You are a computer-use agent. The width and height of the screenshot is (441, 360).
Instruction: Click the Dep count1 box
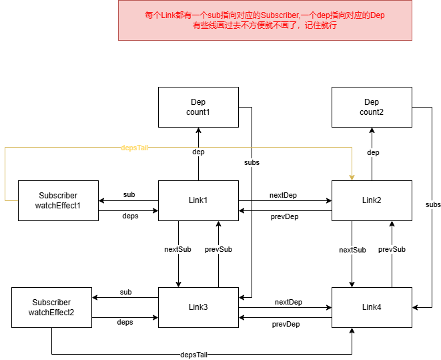point(198,107)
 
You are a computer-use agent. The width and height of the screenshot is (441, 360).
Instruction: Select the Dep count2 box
point(372,107)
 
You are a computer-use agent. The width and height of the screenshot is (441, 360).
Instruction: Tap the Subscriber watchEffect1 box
point(58,200)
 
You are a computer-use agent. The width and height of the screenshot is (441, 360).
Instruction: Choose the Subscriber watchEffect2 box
point(51,307)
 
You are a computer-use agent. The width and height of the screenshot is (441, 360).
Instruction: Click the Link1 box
point(198,200)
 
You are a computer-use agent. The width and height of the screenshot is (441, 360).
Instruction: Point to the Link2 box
point(372,200)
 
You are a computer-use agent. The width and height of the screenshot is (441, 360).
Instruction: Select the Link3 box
point(198,307)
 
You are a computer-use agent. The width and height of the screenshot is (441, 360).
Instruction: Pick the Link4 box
point(372,307)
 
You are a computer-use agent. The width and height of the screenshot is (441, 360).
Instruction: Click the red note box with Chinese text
point(265,20)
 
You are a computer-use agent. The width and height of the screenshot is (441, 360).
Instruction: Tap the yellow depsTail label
point(134,148)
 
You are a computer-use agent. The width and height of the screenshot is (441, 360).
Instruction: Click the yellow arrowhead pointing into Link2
point(352,178)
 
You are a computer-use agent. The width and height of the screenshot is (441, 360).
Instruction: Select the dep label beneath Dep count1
point(198,152)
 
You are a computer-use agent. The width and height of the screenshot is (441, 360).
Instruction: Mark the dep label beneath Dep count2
point(373,152)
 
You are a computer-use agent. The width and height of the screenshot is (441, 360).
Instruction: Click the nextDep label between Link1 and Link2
point(283,196)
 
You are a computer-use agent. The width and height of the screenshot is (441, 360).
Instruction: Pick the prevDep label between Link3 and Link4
point(286,325)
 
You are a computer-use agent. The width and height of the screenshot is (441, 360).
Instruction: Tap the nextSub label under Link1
point(177,249)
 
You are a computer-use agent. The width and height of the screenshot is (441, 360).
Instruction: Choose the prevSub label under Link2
point(392,249)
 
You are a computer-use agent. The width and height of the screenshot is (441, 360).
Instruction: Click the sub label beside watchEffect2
point(125,293)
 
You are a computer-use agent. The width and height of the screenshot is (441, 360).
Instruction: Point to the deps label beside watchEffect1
point(130,216)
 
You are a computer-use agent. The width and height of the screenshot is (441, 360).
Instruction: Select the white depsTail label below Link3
point(194,355)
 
